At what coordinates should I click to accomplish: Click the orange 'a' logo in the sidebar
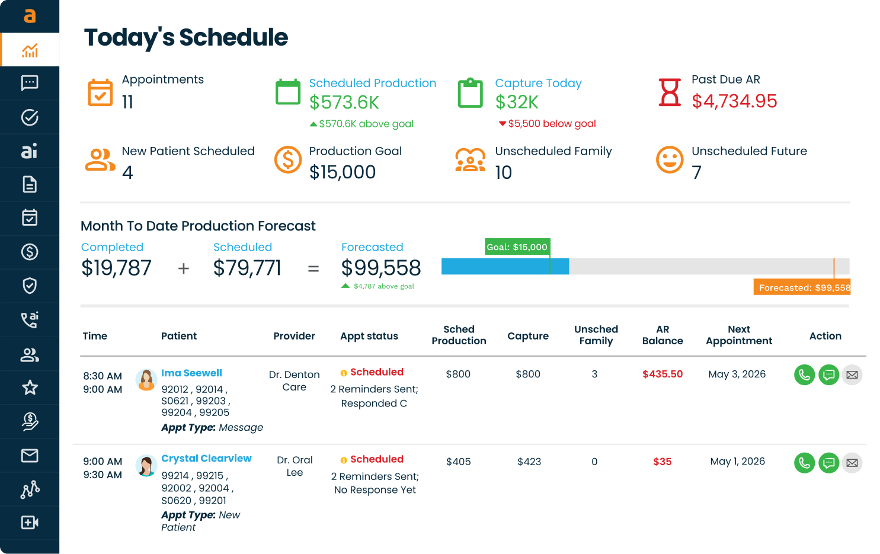[x=30, y=16]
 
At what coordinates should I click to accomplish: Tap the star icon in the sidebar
[x=30, y=388]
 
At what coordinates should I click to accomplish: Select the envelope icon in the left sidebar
[x=30, y=456]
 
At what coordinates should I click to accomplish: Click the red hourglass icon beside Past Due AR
[x=670, y=92]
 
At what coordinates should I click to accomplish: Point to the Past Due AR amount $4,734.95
[x=734, y=101]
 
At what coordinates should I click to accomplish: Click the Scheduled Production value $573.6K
[x=344, y=103]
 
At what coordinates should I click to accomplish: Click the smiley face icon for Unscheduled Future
[x=670, y=159]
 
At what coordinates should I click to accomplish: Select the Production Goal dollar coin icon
[x=287, y=159]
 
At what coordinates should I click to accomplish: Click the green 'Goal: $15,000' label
[x=517, y=246]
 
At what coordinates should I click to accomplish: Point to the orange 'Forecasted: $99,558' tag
[x=802, y=287]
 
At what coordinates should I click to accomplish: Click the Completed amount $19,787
[x=116, y=268]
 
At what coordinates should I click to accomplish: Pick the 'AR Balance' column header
[x=663, y=335]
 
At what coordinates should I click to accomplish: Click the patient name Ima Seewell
[x=192, y=373]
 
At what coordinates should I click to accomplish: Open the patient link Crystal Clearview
[x=206, y=458]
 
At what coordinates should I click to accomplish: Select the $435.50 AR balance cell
[x=663, y=374]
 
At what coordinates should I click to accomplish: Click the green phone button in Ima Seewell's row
[x=804, y=375]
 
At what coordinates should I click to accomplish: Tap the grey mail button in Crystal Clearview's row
[x=852, y=463]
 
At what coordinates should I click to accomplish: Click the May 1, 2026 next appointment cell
[x=737, y=462]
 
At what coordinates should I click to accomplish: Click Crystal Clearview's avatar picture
[x=146, y=466]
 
